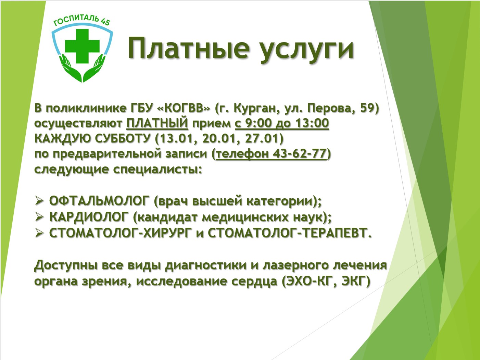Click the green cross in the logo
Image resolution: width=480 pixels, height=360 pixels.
82,46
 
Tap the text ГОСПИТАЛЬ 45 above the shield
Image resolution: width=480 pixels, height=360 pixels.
82,21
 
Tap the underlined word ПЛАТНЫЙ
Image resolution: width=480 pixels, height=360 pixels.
157,123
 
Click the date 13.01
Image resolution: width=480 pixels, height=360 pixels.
177,138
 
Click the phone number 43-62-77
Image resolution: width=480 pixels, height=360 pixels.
300,153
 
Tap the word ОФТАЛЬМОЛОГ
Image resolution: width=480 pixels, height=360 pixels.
99,201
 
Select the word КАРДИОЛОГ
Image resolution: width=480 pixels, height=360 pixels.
89,217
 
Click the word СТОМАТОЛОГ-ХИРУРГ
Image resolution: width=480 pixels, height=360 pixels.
121,233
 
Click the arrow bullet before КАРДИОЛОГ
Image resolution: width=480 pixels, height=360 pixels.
39,217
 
